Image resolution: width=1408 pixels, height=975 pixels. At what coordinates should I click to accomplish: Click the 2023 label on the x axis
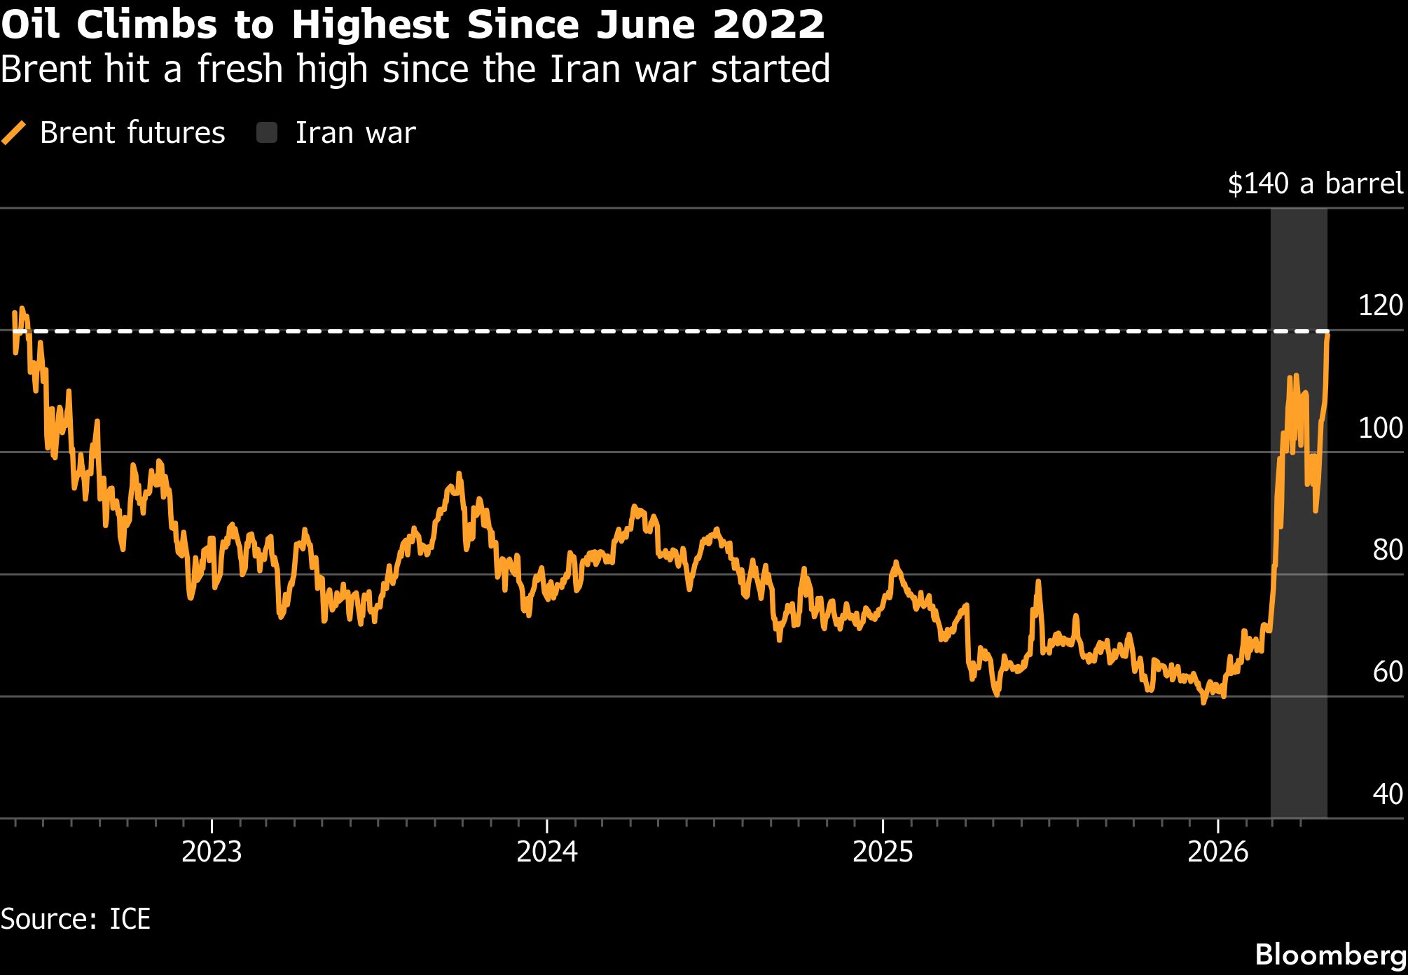[212, 852]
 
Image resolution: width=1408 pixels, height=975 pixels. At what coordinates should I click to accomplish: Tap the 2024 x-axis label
[547, 852]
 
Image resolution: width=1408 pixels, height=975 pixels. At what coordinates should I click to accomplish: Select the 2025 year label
[883, 852]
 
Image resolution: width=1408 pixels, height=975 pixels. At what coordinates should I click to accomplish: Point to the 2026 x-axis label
[1218, 852]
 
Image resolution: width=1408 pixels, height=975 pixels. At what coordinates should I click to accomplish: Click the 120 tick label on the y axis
[1380, 305]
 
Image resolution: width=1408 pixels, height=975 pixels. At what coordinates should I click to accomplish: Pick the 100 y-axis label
[1380, 427]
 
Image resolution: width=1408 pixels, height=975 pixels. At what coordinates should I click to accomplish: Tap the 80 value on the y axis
[1388, 550]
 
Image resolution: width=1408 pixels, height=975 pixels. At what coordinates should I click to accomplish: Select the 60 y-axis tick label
[1388, 672]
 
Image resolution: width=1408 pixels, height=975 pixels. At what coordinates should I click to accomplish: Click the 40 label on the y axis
[1388, 794]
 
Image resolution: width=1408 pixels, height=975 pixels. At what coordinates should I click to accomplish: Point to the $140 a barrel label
[1316, 184]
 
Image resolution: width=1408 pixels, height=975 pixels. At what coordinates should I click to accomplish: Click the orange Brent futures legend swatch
[13, 132]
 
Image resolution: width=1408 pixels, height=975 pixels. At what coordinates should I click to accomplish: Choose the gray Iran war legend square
[267, 132]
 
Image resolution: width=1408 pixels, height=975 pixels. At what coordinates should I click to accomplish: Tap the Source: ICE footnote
[76, 919]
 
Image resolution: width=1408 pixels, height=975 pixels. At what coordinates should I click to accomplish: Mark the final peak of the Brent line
[1327, 335]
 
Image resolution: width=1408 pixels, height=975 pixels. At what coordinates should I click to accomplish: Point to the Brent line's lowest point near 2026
[1203, 702]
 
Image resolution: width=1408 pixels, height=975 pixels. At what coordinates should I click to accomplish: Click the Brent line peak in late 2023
[459, 474]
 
